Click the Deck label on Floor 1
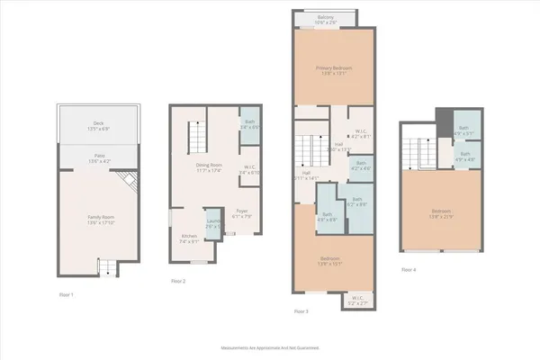[x=98, y=125]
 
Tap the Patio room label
[x=98, y=159]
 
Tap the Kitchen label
[x=189, y=238]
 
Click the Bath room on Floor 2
[x=248, y=125]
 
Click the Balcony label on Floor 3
[x=327, y=17]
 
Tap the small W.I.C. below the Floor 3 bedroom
[x=357, y=300]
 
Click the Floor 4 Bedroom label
[x=440, y=214]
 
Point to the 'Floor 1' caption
[x=67, y=295]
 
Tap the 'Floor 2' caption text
[x=178, y=282]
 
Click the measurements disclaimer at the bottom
[x=269, y=347]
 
